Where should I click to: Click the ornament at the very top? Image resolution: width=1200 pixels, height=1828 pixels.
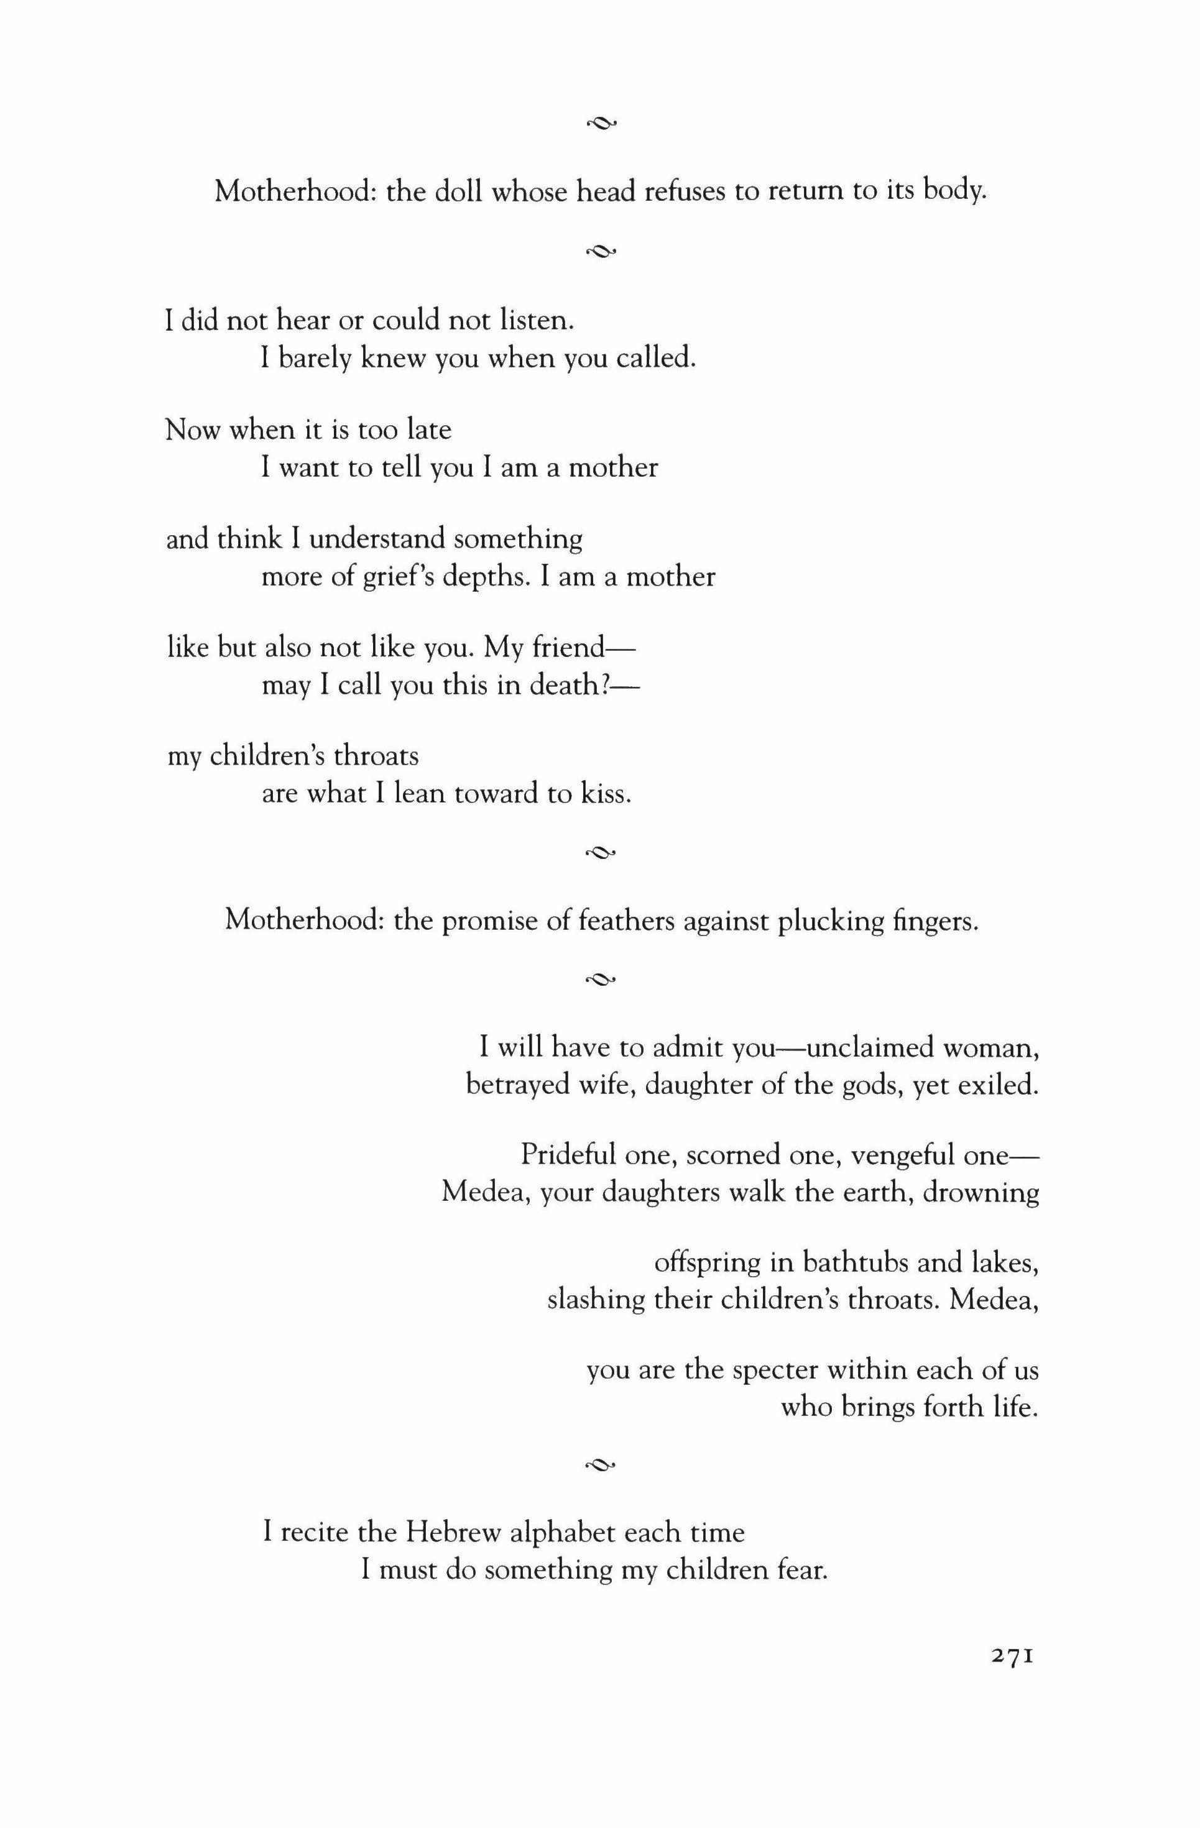coord(601,121)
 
